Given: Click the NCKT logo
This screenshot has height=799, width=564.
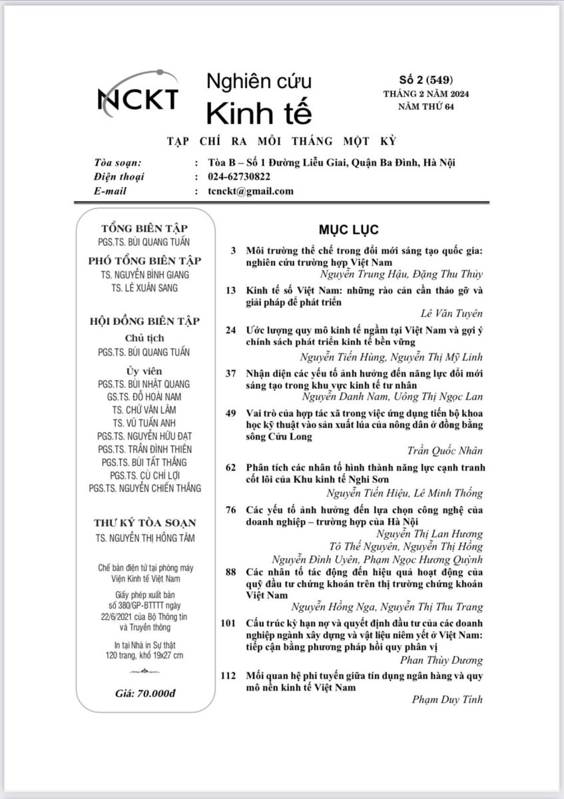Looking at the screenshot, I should [x=138, y=97].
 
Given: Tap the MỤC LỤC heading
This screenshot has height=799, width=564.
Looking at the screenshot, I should [x=348, y=230].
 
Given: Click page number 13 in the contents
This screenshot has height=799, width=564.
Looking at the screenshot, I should [x=231, y=290].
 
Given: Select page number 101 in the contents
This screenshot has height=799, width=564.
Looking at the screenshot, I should [x=228, y=623].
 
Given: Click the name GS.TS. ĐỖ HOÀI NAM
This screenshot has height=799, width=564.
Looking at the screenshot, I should [x=144, y=397].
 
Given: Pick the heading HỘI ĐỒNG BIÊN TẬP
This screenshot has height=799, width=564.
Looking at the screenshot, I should [x=144, y=321].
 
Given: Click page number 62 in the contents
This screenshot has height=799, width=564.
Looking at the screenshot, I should [x=231, y=467].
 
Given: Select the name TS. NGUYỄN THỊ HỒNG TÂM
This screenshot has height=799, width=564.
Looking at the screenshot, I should [x=144, y=538].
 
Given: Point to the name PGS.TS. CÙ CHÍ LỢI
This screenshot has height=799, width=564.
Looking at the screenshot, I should [x=144, y=475].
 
